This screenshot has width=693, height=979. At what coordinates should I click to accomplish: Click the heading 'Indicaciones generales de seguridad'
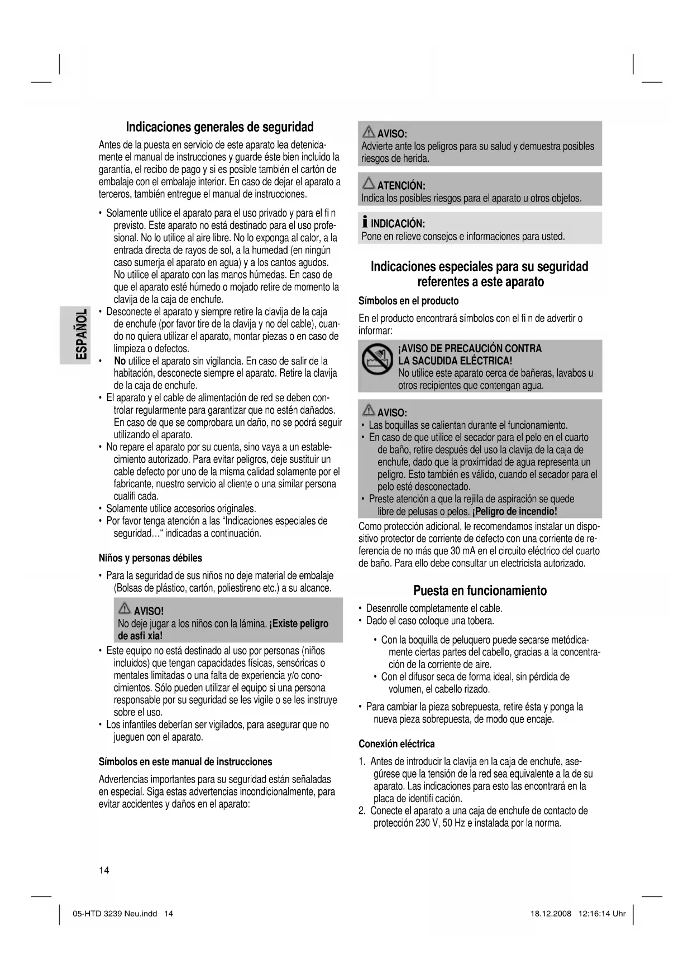point(219,127)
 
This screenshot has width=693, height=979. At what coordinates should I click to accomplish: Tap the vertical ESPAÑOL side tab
point(81,334)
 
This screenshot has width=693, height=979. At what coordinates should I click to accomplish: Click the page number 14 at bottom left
point(104,870)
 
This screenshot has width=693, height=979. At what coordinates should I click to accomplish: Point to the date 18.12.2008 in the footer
point(550,914)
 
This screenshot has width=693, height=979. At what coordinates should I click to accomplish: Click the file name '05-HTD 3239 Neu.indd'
point(115,914)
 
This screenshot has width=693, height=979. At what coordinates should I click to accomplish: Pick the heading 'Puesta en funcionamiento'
point(480,591)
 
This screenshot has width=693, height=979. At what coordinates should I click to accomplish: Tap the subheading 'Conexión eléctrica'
point(396,744)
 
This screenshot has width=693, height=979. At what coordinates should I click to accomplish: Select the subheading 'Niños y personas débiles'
point(150,558)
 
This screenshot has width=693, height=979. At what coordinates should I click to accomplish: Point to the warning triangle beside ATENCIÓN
point(369,183)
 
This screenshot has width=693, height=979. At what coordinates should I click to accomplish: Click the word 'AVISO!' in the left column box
point(149,611)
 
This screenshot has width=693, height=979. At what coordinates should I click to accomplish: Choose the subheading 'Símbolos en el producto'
point(408,301)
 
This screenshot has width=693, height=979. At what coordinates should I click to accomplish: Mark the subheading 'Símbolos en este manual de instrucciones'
point(185,762)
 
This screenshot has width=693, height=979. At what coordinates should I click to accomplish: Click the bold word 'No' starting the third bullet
point(120,361)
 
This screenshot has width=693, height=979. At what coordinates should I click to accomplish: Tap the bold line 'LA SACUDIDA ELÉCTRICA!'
point(455,361)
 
